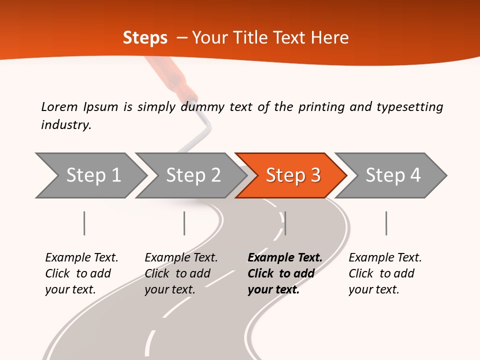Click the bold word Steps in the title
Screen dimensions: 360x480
(x=145, y=38)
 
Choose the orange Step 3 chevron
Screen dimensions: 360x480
(x=292, y=175)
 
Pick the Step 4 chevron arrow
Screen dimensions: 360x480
(x=392, y=175)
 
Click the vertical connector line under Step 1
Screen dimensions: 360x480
(x=84, y=223)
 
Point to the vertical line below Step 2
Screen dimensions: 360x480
(x=184, y=223)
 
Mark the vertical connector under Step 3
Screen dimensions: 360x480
(x=285, y=223)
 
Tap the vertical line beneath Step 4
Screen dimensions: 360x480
(x=386, y=223)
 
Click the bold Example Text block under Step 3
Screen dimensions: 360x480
(x=284, y=273)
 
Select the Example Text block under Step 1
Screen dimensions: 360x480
(x=81, y=273)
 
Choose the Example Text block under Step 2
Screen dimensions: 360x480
(x=181, y=273)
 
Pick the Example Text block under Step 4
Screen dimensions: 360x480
(x=385, y=273)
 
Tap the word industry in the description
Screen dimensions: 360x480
(x=66, y=125)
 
